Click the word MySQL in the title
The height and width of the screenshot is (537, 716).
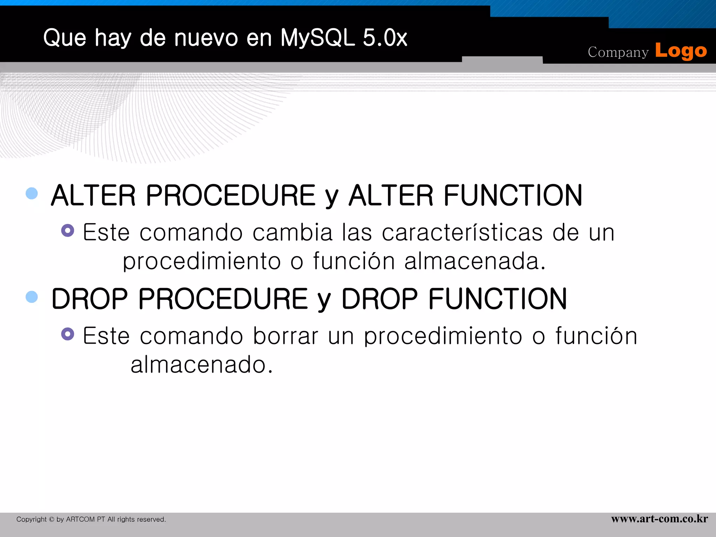(317, 37)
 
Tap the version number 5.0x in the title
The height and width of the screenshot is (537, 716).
(385, 37)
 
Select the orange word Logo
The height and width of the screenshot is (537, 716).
(681, 51)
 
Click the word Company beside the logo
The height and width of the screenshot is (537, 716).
(618, 52)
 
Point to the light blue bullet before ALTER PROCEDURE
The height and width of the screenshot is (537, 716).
(32, 193)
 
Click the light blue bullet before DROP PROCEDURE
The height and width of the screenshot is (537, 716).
(32, 297)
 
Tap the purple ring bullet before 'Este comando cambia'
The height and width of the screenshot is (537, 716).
(67, 230)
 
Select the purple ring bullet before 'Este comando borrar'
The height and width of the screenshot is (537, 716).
(67, 334)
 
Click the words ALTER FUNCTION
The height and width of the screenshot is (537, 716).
(465, 195)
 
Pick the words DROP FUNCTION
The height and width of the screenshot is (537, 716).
(454, 299)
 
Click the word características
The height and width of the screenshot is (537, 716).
(462, 232)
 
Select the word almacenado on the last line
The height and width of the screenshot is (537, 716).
(201, 365)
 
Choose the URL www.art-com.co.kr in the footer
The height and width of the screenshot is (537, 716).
(659, 518)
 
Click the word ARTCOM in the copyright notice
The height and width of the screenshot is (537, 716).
(80, 520)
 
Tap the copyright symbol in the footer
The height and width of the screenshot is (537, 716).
(51, 520)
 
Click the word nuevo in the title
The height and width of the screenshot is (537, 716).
(206, 37)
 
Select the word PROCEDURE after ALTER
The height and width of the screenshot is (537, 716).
(230, 195)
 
